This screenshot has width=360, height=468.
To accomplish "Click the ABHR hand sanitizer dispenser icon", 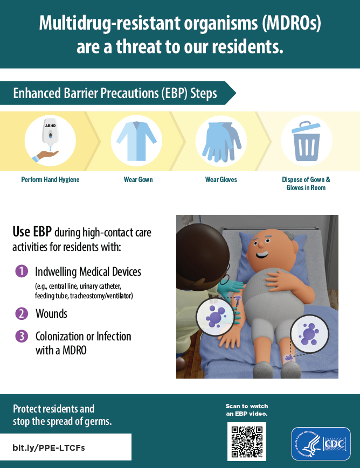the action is [x=50, y=141].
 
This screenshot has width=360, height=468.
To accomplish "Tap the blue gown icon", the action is [x=136, y=141].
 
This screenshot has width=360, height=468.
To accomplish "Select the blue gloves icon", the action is [x=221, y=142].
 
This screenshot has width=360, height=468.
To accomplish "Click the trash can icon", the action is [x=306, y=141].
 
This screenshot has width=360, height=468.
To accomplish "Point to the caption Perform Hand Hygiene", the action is [x=50, y=179].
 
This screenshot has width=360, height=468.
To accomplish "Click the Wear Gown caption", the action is [x=139, y=179].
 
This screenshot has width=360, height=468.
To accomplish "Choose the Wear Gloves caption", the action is [x=221, y=179].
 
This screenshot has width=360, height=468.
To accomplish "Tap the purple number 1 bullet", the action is [x=22, y=271].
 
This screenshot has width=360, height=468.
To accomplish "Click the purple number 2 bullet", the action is [x=22, y=313].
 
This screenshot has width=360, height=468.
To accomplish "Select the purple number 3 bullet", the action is [x=22, y=336].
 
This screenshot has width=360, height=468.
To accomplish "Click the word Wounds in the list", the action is [x=51, y=313].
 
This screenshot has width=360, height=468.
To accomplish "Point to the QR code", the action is [x=247, y=442].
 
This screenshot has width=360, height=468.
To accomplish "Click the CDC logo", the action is [x=321, y=444].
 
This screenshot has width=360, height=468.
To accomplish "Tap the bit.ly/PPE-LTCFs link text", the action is [x=49, y=448].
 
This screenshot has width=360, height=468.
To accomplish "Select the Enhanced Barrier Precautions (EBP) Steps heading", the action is [x=115, y=93].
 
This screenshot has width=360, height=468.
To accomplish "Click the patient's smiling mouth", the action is [x=262, y=255].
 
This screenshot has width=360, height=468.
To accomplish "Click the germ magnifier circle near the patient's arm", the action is [x=214, y=317].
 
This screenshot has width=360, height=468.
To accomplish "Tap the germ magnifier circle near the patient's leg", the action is [x=309, y=334].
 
